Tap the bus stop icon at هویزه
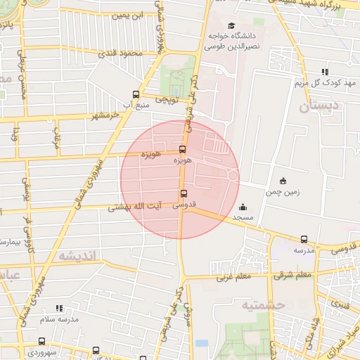(x=183, y=149)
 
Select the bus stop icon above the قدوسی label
(x=184, y=194)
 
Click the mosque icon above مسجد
(x=243, y=207)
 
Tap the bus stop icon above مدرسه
(x=304, y=239)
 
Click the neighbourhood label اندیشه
(x=79, y=255)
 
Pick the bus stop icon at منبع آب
(x=136, y=94)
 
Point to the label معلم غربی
(x=232, y=276)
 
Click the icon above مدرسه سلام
(x=59, y=308)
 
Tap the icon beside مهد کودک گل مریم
(x=325, y=71)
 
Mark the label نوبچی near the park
(x=165, y=100)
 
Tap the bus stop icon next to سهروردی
(x=41, y=342)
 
